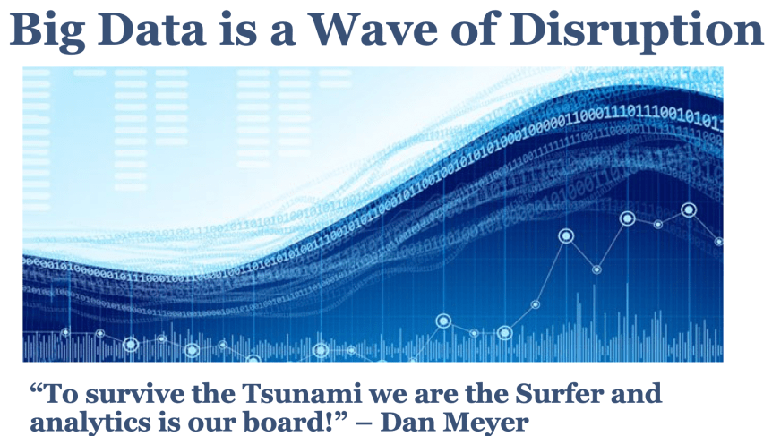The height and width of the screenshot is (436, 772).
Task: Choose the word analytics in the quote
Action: point(83,419)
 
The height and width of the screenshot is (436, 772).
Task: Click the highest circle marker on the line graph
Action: point(689,210)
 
